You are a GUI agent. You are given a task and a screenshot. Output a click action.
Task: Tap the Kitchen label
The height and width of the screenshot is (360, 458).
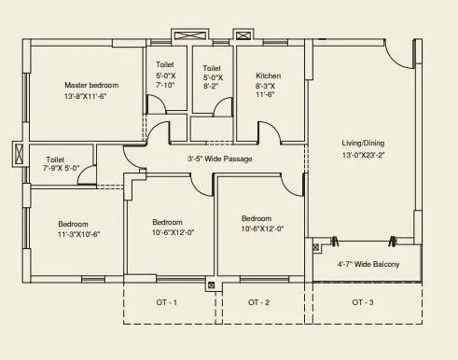click(x=268, y=76)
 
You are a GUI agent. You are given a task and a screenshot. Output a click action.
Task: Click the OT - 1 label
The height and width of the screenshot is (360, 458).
click(x=166, y=303)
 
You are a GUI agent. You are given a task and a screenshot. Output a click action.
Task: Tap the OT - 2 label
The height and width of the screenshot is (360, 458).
click(x=259, y=303)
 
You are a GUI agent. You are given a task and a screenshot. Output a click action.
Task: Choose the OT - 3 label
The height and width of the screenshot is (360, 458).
click(x=363, y=303)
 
